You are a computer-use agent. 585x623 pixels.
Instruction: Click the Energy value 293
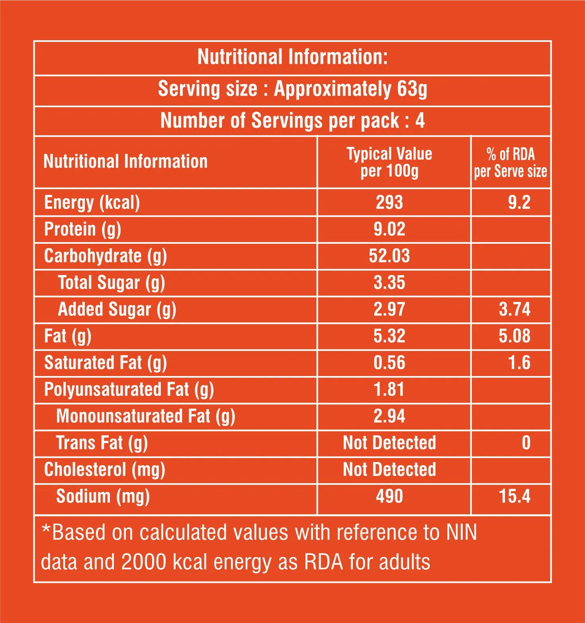[x=389, y=202]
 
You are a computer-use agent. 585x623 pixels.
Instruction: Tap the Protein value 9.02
[x=389, y=229]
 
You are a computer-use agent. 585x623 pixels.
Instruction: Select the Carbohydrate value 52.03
[x=389, y=256]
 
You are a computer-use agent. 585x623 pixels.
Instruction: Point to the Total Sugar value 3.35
[x=389, y=283]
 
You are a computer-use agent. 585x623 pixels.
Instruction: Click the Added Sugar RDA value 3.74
[x=515, y=310]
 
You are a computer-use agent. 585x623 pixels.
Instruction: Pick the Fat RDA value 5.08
[x=515, y=336]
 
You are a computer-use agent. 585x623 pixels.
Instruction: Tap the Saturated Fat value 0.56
[x=389, y=363]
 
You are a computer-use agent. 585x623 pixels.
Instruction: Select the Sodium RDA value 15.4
[x=515, y=496]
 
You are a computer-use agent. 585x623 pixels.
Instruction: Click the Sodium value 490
[x=389, y=496]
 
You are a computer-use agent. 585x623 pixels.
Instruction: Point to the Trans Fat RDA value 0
[x=526, y=443]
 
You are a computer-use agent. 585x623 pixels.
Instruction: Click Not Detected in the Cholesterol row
[x=389, y=470]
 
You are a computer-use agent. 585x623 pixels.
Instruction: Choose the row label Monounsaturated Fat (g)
[x=145, y=417]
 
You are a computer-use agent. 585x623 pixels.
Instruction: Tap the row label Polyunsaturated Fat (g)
[x=129, y=390]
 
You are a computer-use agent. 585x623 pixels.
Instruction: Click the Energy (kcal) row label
[x=92, y=203]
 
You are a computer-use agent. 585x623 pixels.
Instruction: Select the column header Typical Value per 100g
[x=389, y=162]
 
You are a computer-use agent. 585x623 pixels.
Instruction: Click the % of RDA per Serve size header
[x=510, y=163]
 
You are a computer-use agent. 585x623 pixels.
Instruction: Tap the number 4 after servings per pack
[x=420, y=121]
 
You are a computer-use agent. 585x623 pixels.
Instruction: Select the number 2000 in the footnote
[x=143, y=562]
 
